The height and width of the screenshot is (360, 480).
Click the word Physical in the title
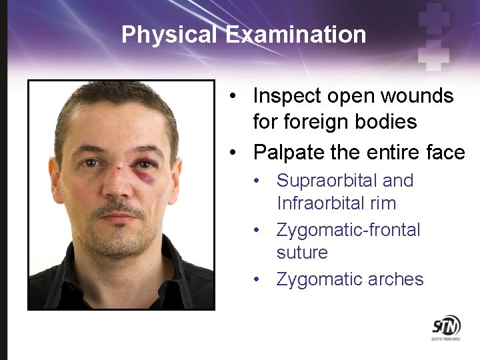click(169, 34)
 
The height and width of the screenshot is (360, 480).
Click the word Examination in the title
click(295, 34)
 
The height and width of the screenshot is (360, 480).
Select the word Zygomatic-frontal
click(348, 230)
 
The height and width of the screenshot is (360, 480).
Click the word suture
click(302, 253)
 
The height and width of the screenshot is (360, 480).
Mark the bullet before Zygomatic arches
click(256, 279)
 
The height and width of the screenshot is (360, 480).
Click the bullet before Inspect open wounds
click(230, 96)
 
